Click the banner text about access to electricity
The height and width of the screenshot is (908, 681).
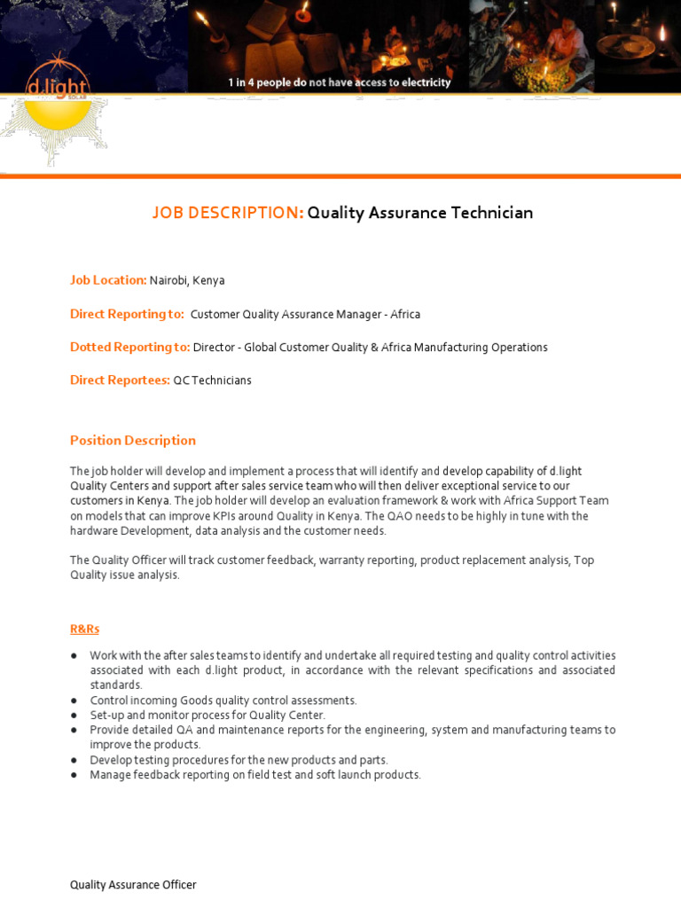point(340,82)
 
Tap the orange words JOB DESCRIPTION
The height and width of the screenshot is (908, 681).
point(228,213)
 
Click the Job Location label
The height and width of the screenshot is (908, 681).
point(108,280)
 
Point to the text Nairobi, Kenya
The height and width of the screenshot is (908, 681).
point(187,280)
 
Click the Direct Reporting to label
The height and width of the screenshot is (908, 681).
point(127,314)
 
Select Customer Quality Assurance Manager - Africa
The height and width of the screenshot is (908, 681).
point(305,315)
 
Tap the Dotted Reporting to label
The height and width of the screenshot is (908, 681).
point(129,347)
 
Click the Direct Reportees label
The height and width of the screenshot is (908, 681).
point(120,380)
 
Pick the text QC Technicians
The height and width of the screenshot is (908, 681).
point(212,380)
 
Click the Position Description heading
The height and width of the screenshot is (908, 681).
point(133,441)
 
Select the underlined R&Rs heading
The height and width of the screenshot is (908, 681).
point(84,629)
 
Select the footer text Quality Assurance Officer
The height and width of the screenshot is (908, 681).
point(133,885)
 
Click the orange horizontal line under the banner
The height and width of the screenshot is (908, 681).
point(340,176)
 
